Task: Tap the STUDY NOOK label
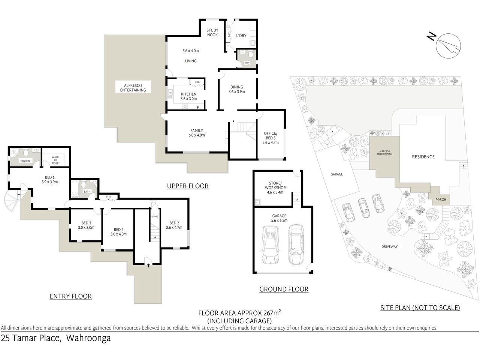[212, 33]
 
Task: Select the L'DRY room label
[241, 36]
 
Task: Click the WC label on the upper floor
[247, 63]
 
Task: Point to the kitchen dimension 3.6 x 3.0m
[188, 99]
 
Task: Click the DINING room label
[236, 87]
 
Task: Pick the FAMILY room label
[197, 130]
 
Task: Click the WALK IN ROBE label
[55, 160]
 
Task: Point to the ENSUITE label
[25, 161]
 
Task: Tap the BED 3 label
[86, 223]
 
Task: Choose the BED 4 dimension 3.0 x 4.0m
[118, 234]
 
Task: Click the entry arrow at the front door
[149, 265]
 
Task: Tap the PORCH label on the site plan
[441, 199]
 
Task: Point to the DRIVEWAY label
[389, 246]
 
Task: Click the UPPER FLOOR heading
[188, 186]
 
